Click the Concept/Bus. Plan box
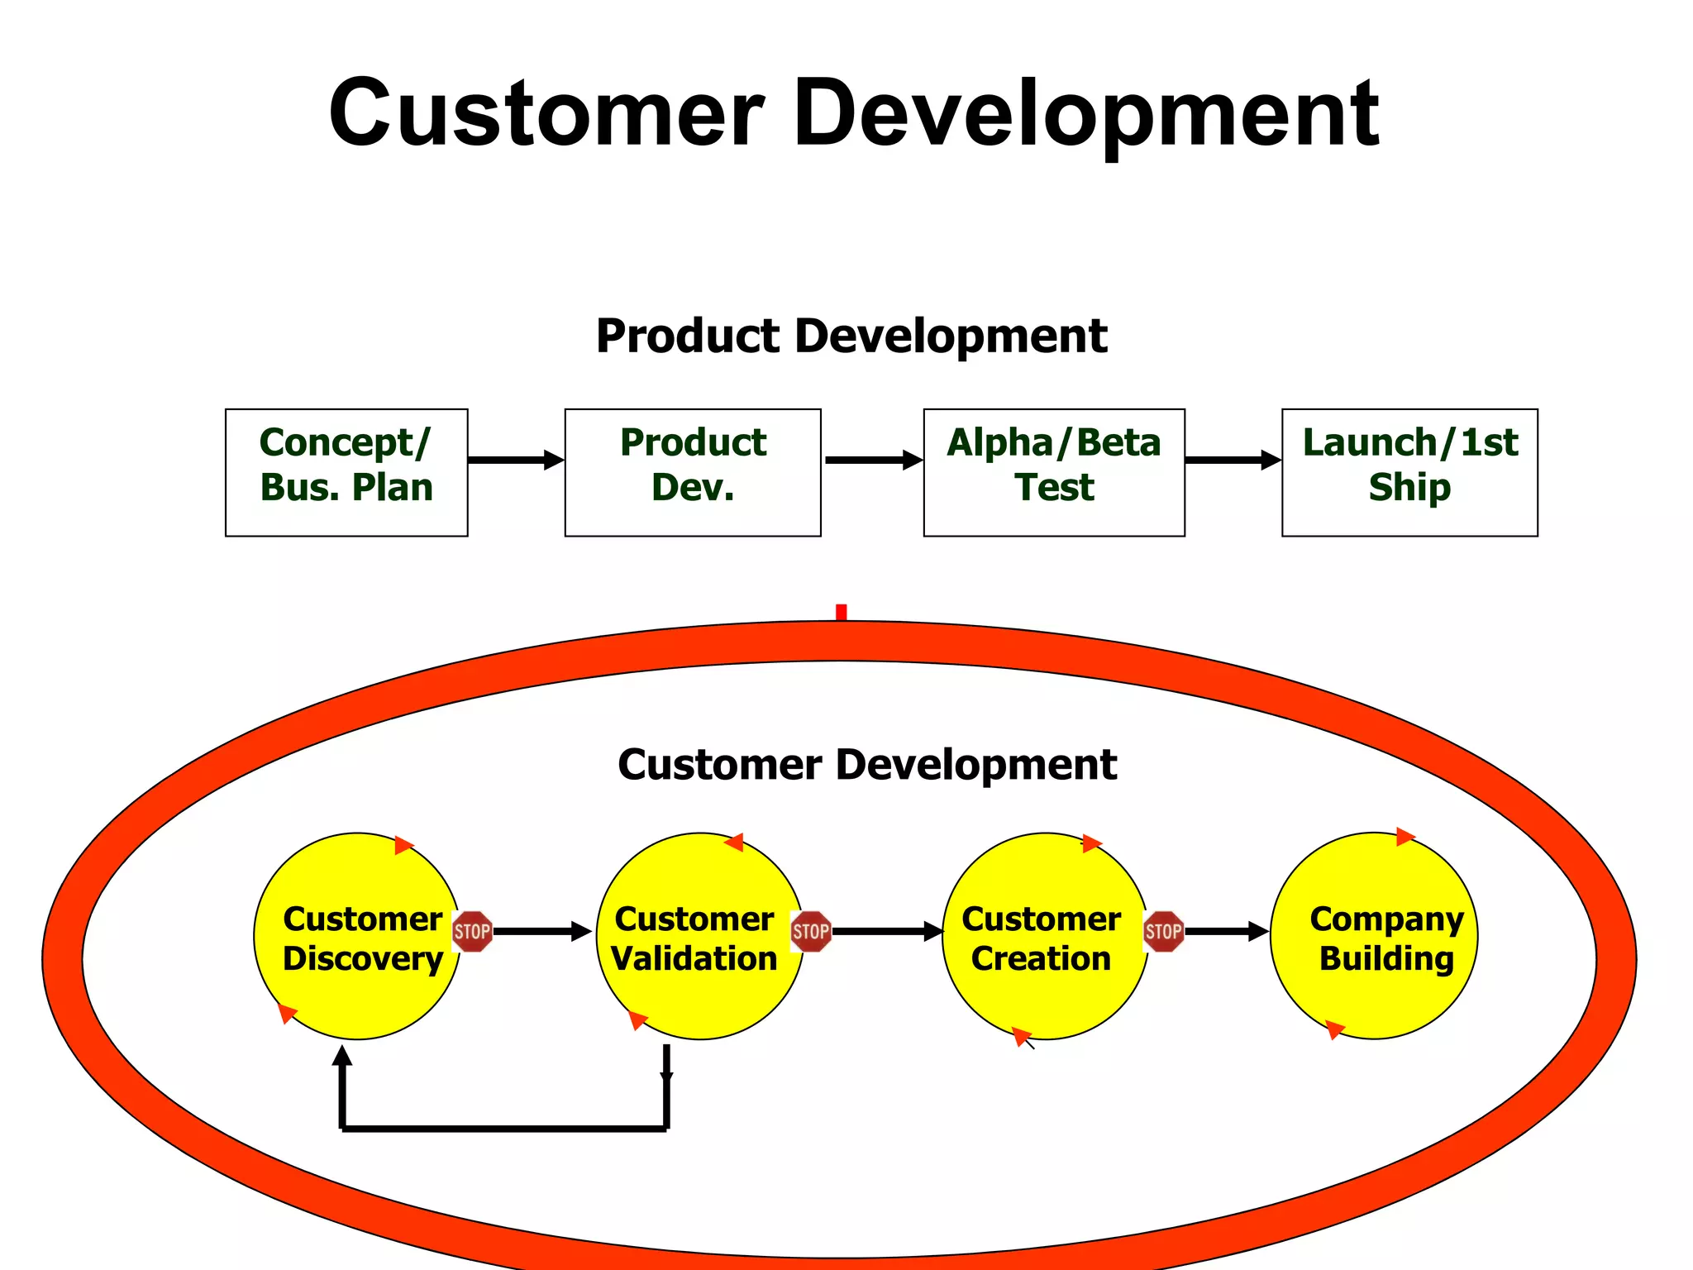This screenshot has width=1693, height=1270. coord(346,472)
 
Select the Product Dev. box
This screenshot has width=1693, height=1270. coord(693,472)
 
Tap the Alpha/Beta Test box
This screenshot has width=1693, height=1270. coord(1054,472)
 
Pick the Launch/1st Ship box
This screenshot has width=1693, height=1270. coord(1409,472)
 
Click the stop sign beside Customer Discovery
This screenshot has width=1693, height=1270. coord(473,932)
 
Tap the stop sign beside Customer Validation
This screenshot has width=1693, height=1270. coord(811,932)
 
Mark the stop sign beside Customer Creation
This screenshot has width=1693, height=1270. coord(1163,932)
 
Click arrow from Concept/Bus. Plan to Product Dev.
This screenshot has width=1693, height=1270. coord(516,460)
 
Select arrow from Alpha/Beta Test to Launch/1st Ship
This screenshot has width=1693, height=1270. coord(1233,460)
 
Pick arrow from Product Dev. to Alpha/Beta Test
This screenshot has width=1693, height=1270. coord(873,460)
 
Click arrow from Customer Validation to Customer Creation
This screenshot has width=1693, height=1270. coord(886,932)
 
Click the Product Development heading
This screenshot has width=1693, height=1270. coord(851,336)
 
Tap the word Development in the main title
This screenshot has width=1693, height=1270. coord(1085,113)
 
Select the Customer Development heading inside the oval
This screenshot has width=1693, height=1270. coord(867,764)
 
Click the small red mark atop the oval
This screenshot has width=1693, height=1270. coord(841,613)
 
